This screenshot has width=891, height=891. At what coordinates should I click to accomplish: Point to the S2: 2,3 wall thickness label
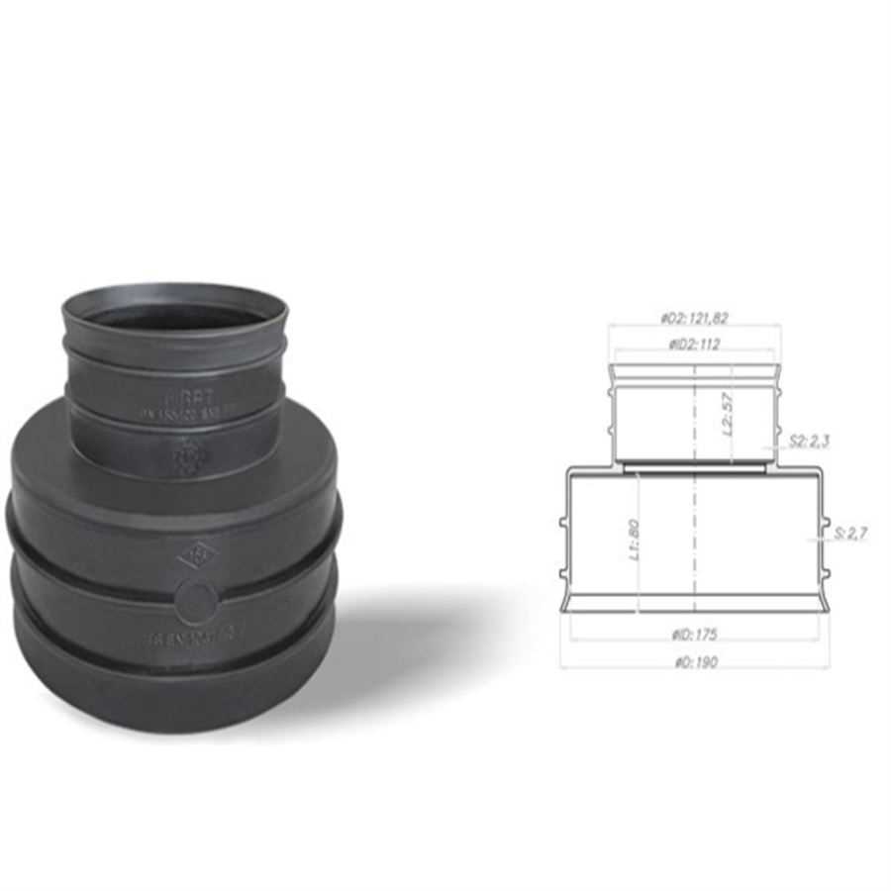(811, 441)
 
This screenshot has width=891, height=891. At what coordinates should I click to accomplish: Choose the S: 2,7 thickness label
(849, 534)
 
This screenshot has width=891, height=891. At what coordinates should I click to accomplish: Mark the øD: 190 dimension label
(693, 661)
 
